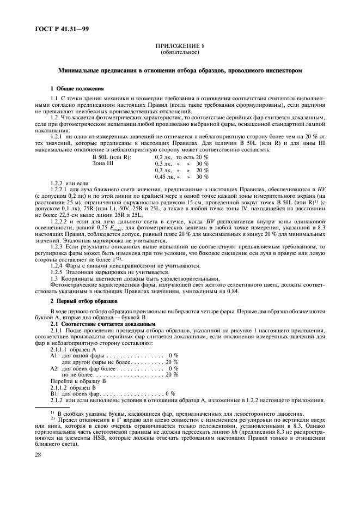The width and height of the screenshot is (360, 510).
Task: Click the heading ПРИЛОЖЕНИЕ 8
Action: coord(180,47)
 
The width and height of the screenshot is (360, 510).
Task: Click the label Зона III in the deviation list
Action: coord(103,163)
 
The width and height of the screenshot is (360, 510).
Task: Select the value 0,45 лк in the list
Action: coord(165,177)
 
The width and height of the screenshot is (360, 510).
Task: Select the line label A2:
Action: coord(54,368)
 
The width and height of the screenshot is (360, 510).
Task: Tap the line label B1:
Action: coord(54,393)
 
